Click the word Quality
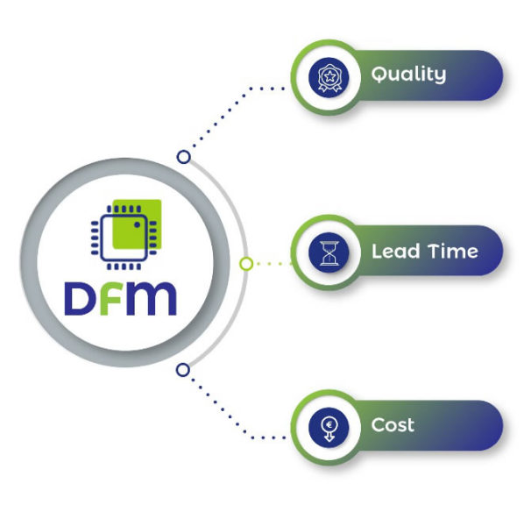408,75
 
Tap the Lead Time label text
424,252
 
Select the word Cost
393,426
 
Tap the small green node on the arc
246,263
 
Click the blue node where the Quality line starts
183,157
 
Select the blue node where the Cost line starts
182,370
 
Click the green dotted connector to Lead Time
272,262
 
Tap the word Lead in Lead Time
391,252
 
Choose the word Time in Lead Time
452,252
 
